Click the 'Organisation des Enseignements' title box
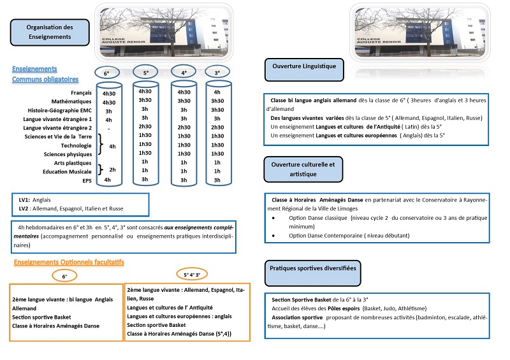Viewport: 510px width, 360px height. tap(49, 32)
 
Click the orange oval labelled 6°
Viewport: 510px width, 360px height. tap(64, 276)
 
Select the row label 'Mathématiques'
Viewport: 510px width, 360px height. tap(74, 101)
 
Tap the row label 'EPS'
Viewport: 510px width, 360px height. tap(87, 180)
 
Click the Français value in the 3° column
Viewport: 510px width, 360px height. tap(217, 92)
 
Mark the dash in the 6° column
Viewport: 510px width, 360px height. tap(108, 128)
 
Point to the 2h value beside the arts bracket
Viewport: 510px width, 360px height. tap(112, 169)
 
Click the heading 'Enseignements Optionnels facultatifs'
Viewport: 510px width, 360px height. tap(68, 262)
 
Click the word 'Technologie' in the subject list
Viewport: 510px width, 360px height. tap(75, 145)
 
